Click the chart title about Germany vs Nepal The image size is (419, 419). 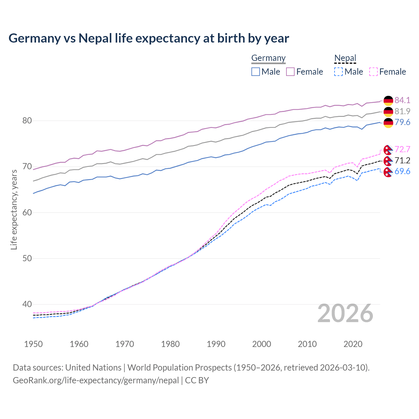(149, 38)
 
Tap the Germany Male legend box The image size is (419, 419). (256, 72)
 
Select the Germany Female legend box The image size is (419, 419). (290, 72)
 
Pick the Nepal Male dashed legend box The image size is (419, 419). (338, 72)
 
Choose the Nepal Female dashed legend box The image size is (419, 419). (373, 72)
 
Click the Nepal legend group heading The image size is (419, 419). (345, 58)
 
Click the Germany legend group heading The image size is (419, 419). (268, 58)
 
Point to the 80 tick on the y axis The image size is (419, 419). (27, 120)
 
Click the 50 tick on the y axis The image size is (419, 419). (27, 258)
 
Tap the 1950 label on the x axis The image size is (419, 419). (33, 344)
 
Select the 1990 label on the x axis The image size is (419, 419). (216, 344)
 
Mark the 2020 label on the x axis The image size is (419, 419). (353, 344)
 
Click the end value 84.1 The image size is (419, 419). (402, 100)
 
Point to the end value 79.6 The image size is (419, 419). (402, 122)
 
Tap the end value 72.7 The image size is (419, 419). (402, 149)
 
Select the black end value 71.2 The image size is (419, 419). (402, 160)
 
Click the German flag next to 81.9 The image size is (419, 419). (388, 111)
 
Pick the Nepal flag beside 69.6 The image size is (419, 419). (388, 172)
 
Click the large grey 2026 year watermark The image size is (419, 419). (345, 313)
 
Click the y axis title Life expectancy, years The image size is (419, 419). (14, 209)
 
